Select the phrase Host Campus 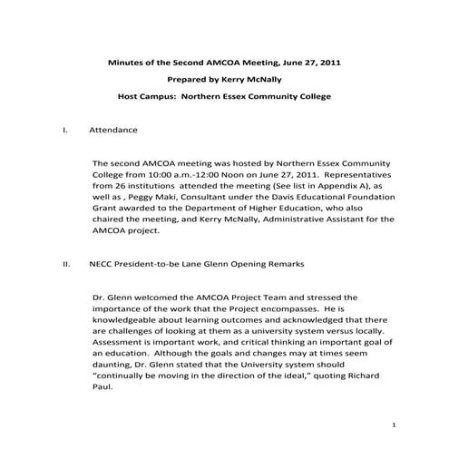[x=149, y=95]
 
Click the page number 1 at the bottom [x=395, y=425]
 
